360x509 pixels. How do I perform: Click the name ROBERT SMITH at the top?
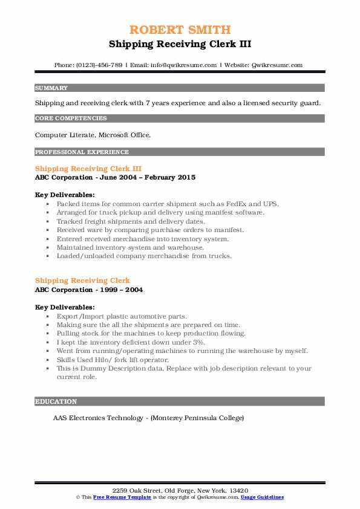pyautogui.click(x=180, y=30)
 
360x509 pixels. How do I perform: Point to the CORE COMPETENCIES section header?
pyautogui.click(x=71, y=118)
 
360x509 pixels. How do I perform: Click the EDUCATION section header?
pyautogui.click(x=56, y=401)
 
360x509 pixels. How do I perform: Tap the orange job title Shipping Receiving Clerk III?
pyautogui.click(x=88, y=169)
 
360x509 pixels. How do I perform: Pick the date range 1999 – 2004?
pyautogui.click(x=123, y=290)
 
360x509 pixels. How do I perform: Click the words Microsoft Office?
pyautogui.click(x=117, y=135)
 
